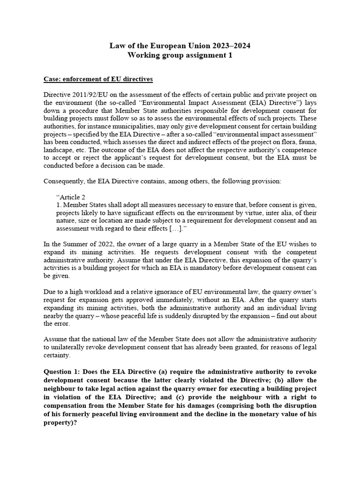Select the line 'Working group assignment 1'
click(x=180, y=55)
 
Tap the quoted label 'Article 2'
click(x=71, y=197)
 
